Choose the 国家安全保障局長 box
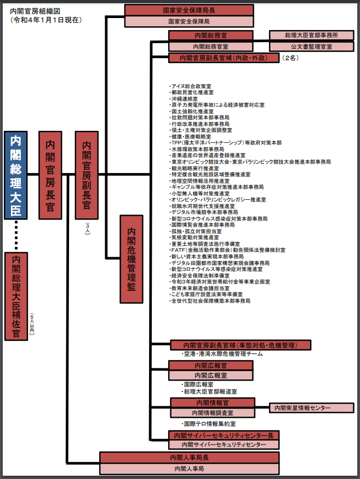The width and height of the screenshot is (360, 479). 189,10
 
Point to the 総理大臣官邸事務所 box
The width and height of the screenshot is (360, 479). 311,35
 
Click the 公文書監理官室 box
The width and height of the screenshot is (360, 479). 311,47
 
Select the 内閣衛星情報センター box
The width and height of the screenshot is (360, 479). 311,408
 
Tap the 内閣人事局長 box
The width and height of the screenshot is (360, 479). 189,457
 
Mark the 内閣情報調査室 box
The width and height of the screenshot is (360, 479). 212,413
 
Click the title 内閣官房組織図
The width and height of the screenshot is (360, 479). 35,11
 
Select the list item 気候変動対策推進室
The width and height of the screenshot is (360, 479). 192,238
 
